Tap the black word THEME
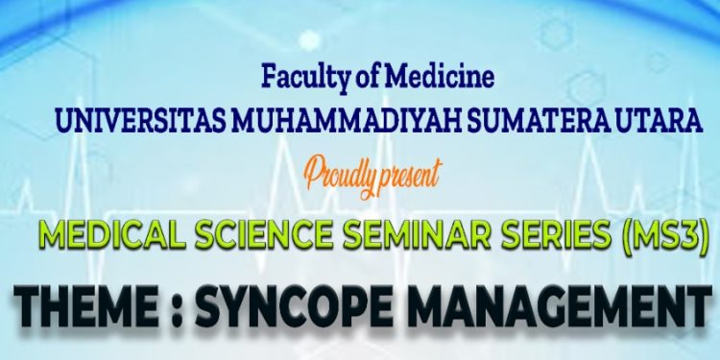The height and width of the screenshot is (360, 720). [87, 310]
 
